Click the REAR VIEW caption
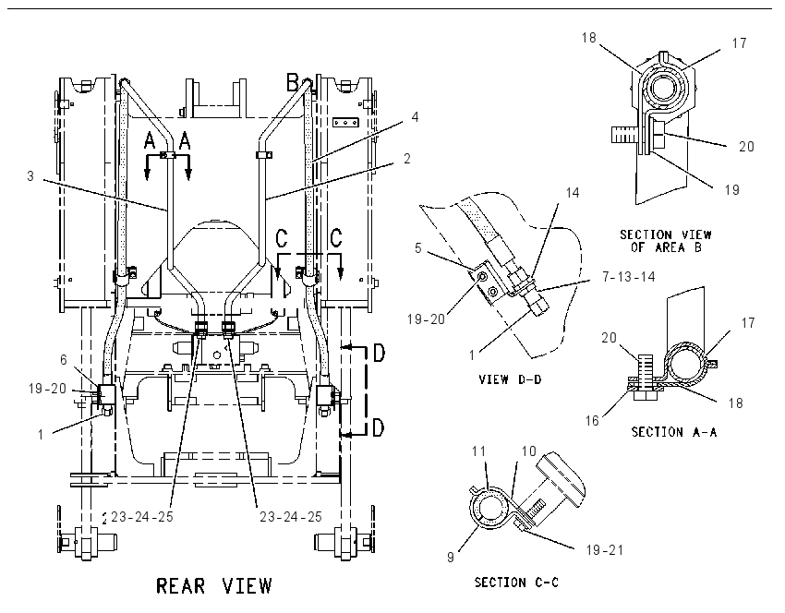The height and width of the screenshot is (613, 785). click(x=214, y=585)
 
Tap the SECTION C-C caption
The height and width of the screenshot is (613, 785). click(x=516, y=582)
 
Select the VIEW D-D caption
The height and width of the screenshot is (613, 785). click(x=510, y=379)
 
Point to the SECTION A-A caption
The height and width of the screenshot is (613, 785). click(x=673, y=431)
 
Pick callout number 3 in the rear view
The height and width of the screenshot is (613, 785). click(x=30, y=176)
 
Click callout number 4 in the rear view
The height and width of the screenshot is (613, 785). click(x=415, y=116)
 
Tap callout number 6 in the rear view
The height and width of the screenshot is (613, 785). click(x=64, y=359)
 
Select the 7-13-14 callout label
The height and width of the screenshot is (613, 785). click(x=628, y=276)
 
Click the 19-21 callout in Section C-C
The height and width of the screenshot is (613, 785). click(x=605, y=550)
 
